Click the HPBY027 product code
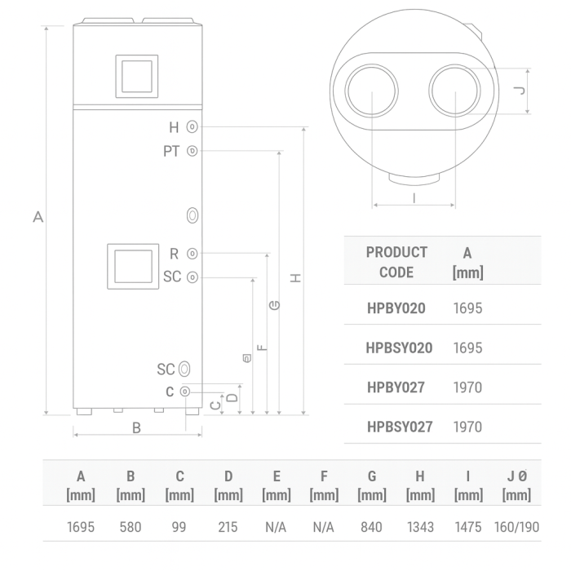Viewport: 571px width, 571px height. pos(396,387)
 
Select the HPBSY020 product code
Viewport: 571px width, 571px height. pos(399,347)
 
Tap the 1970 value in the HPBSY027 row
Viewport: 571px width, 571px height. pos(467,427)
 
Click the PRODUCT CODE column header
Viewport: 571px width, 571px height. pos(396,262)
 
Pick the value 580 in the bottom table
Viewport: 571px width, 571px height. pos(131,527)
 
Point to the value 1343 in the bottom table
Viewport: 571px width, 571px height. pos(420,527)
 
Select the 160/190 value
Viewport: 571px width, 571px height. pos(516,527)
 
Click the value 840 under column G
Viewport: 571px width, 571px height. pos(371,527)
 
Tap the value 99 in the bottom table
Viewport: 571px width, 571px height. pos(179,527)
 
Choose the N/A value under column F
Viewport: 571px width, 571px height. pos(324,527)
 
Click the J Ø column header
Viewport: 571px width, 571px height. pos(516,485)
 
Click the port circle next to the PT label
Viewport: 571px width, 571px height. pos(193,151)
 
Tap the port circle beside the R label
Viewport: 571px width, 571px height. pos(193,254)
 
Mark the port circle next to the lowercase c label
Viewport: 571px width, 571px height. pos(186,392)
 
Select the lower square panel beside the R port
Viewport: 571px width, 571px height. pos(131,268)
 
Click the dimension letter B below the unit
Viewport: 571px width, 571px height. pos(137,427)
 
